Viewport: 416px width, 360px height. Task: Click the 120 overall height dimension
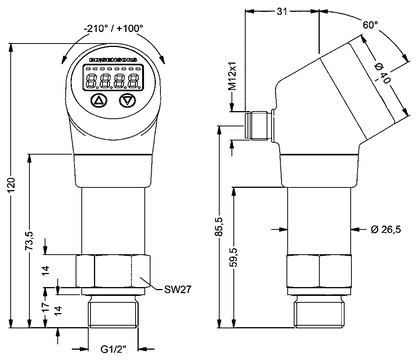pyautogui.click(x=11, y=185)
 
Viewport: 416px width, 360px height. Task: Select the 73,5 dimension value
pyautogui.click(x=30, y=241)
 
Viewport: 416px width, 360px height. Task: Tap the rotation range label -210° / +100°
pyautogui.click(x=113, y=29)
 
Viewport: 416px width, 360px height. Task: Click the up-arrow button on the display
pyautogui.click(x=99, y=100)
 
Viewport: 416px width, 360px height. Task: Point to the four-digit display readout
pyautogui.click(x=113, y=81)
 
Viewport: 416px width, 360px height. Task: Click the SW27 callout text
pyautogui.click(x=178, y=289)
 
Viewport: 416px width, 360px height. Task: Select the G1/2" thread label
pyautogui.click(x=114, y=350)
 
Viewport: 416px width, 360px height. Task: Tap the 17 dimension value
pyautogui.click(x=46, y=307)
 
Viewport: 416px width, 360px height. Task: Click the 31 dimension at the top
pyautogui.click(x=282, y=11)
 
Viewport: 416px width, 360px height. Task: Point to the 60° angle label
pyautogui.click(x=371, y=25)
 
